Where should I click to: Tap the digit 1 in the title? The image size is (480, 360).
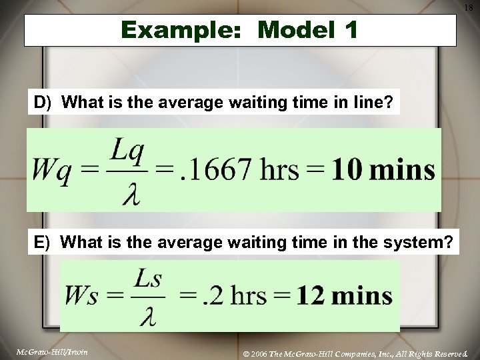click(x=351, y=30)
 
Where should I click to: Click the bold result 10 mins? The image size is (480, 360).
click(x=383, y=171)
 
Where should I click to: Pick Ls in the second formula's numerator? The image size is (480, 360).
click(x=149, y=278)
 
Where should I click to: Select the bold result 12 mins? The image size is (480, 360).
click(x=344, y=295)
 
